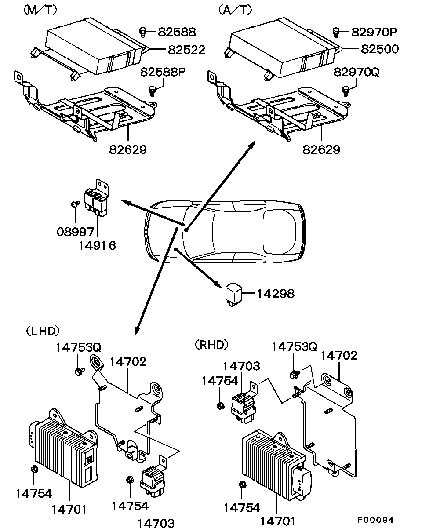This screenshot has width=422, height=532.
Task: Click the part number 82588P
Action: pos(163,72)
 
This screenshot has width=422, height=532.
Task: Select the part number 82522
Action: pos(187,50)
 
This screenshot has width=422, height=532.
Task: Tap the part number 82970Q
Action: pos(356,72)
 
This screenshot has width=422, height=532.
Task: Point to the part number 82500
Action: pos(380,49)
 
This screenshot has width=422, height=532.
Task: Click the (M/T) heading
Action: pos(40,10)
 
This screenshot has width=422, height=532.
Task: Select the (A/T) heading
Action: pos(235,10)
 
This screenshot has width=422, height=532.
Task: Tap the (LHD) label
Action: pos(43,331)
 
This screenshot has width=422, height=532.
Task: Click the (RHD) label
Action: pos(211,345)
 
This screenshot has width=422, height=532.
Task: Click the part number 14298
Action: pos(276,294)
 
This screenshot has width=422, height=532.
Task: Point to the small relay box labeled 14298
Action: pos(233,295)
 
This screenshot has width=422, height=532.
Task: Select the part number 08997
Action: pos(75,232)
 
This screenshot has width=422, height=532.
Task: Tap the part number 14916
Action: pos(97,245)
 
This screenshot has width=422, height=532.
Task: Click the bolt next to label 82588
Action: pos(142,32)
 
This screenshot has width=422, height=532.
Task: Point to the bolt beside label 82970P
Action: pos(336,33)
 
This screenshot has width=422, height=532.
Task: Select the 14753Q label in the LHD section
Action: pos(79,347)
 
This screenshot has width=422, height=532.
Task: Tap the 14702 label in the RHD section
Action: pos(339,356)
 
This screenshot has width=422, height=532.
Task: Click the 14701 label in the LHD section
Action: pos(69,510)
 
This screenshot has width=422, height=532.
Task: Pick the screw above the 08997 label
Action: pos(75,204)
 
